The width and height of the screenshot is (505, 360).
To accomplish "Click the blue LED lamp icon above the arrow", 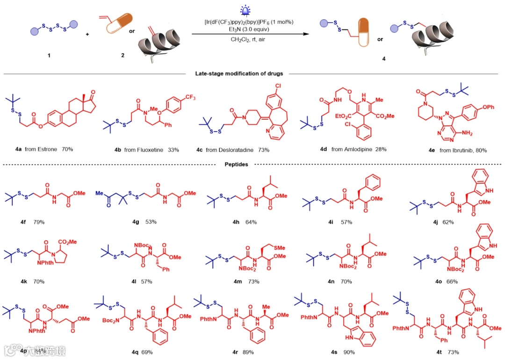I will click(244, 11).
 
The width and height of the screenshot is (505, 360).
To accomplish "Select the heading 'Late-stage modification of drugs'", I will click(239, 73).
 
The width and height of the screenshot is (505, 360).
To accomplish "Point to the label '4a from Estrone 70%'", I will click(44, 149).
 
